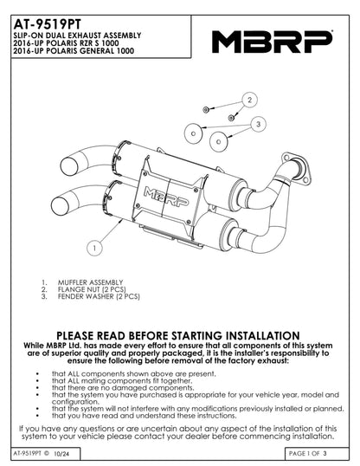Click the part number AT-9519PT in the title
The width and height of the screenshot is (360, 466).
pyautogui.click(x=47, y=24)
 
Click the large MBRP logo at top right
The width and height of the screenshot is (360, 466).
pyautogui.click(x=272, y=42)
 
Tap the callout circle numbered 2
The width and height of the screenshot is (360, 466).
pyautogui.click(x=249, y=100)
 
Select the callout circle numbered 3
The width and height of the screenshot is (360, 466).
pyautogui.click(x=258, y=124)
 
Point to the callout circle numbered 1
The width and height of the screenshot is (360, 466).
pyautogui.click(x=94, y=248)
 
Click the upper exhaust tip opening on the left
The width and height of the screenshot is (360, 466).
pyautogui.click(x=69, y=166)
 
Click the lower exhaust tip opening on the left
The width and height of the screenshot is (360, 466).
pyautogui.click(x=60, y=205)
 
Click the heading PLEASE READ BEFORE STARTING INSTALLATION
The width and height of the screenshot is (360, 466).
pyautogui.click(x=178, y=335)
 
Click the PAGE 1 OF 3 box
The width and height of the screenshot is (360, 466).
pyautogui.click(x=317, y=454)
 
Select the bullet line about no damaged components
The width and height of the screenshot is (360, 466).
pyautogui.click(x=123, y=388)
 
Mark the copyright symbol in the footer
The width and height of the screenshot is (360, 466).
pyautogui.click(x=47, y=453)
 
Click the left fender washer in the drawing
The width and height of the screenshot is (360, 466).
pyautogui.click(x=193, y=133)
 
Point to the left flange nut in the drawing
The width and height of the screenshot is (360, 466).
pyautogui.click(x=205, y=110)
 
